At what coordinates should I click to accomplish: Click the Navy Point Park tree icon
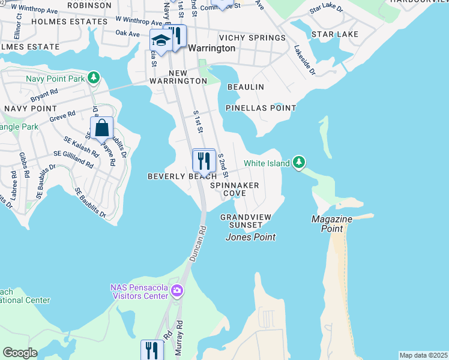pos(93,77)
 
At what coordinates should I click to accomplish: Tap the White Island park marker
pos(299,163)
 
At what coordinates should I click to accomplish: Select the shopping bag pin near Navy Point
pos(101,128)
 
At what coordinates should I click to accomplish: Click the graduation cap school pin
pos(161,41)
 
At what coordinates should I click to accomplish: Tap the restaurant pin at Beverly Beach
pos(203,161)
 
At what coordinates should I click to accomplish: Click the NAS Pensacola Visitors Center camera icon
pos(176,291)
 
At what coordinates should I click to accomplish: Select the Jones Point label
pos(250,237)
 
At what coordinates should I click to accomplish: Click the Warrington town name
pos(211,48)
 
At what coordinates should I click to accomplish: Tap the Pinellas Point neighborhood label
pos(261,108)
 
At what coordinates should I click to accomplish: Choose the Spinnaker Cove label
pos(234,190)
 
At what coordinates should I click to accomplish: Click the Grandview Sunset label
pos(245,221)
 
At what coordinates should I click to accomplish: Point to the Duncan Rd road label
pos(197,243)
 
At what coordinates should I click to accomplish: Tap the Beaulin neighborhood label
pos(246,87)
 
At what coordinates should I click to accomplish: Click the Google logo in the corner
pos(20,352)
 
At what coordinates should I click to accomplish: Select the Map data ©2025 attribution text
pos(423,355)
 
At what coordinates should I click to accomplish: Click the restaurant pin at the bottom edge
pos(152,350)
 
